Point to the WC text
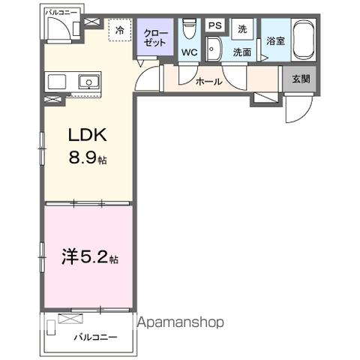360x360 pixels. click(188, 53)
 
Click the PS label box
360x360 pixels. click(214, 25)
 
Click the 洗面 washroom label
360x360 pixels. click(241, 52)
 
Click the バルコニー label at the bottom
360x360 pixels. click(95, 338)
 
